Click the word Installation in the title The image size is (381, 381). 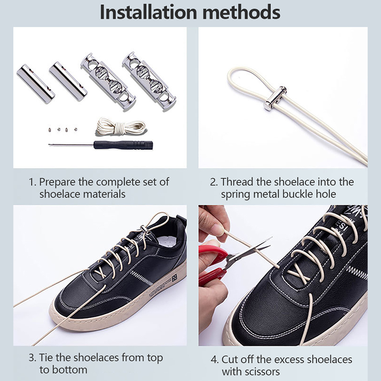(x=148, y=12)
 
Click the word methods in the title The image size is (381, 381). (x=241, y=12)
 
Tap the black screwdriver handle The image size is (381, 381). (x=123, y=145)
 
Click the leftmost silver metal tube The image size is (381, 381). (x=36, y=84)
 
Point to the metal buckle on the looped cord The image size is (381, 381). (x=276, y=98)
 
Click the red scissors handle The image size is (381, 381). (x=211, y=265)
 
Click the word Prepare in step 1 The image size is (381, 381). (x=57, y=182)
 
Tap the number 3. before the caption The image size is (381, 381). (x=32, y=358)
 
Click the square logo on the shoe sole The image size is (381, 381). (x=174, y=278)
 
